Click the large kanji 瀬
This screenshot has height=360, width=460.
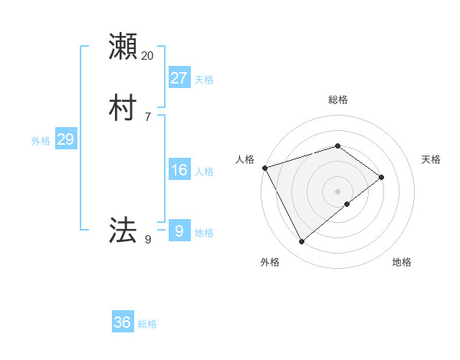(x=123, y=46)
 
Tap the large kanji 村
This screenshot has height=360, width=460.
(x=123, y=108)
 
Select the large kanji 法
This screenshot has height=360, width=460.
(x=123, y=229)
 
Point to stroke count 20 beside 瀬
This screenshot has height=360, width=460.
(x=148, y=56)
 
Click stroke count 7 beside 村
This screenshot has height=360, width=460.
(x=148, y=117)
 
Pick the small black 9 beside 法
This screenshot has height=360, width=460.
(x=148, y=240)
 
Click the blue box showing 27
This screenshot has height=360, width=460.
(x=179, y=77)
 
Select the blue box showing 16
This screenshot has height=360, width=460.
(x=179, y=170)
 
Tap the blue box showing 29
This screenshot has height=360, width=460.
(x=65, y=139)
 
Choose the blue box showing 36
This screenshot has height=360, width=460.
(x=123, y=322)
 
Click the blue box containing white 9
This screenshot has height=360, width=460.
(x=179, y=230)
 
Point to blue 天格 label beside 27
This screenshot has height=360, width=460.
(x=204, y=80)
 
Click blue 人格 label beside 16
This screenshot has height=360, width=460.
(x=204, y=172)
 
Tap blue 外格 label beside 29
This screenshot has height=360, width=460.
(x=41, y=141)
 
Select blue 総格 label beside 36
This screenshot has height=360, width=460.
(x=147, y=324)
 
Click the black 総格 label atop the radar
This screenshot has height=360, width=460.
(x=338, y=100)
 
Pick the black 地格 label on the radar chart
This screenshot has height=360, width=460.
(x=402, y=262)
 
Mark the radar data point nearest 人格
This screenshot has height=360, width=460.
(x=264, y=168)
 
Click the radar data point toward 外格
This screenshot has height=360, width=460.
(x=301, y=242)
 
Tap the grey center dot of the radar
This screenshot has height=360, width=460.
(x=338, y=191)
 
